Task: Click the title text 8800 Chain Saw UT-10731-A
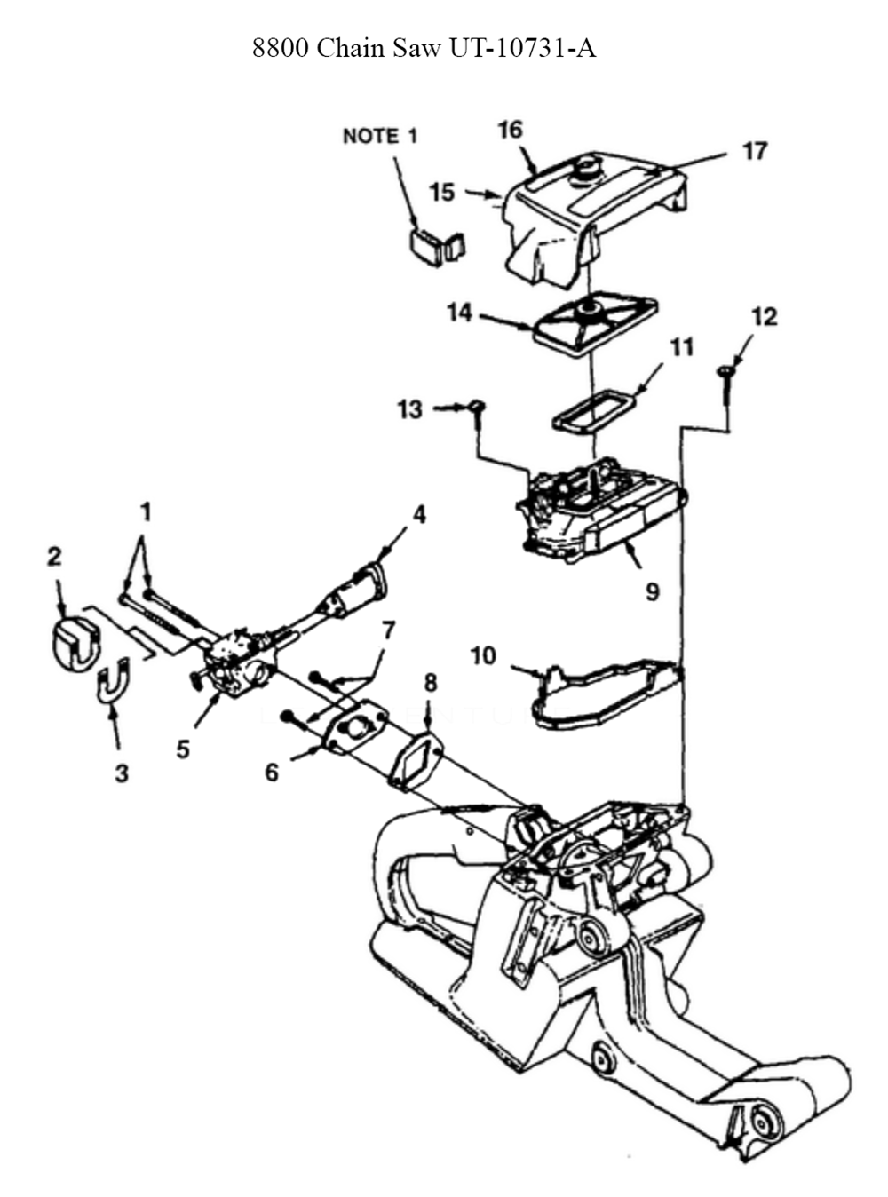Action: pos(424,49)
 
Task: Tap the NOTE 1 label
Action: pos(380,136)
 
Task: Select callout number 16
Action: pos(511,130)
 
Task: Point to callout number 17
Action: pos(755,151)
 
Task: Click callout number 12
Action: pos(765,317)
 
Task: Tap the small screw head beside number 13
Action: pos(477,406)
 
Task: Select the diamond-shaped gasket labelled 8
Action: pos(415,763)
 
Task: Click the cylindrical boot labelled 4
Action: pos(353,590)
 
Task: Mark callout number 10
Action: pos(483,656)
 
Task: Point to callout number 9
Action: pos(652,592)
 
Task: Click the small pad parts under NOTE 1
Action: pos(437,248)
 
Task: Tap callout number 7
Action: pos(388,630)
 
